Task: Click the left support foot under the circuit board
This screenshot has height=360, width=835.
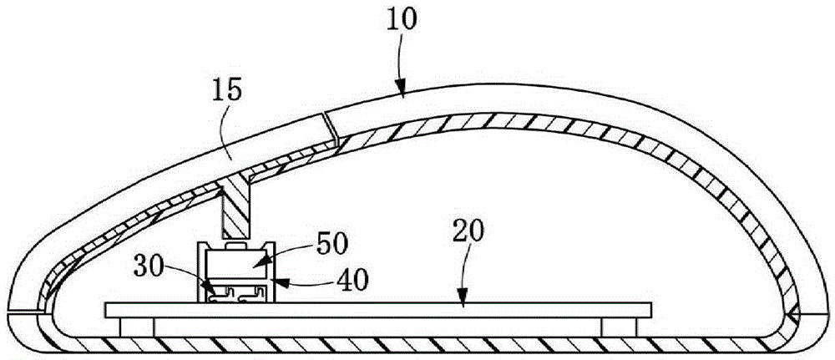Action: pyautogui.click(x=138, y=327)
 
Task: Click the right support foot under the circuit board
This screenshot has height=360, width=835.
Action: pyautogui.click(x=618, y=327)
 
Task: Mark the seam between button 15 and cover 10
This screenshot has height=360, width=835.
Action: pyautogui.click(x=332, y=125)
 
